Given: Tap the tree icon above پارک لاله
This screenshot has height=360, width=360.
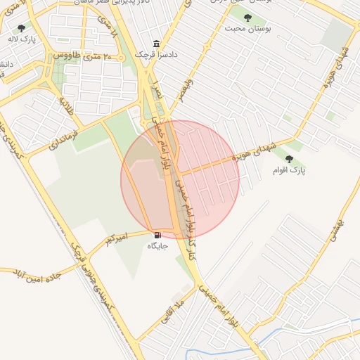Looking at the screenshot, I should (20, 29).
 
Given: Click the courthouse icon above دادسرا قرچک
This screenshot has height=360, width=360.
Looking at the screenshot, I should (156, 43).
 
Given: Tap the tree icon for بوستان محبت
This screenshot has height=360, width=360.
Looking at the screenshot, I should (247, 17).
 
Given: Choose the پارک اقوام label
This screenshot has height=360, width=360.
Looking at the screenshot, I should (289, 170).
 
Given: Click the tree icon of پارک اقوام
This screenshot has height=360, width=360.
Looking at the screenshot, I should (289, 159).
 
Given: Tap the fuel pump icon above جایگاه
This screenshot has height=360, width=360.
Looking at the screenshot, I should (157, 234).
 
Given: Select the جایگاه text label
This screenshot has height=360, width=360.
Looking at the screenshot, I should (157, 246).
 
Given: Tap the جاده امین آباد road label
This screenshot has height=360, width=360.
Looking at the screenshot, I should (34, 275).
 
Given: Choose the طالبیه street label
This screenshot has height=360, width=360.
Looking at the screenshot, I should (66, 108).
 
